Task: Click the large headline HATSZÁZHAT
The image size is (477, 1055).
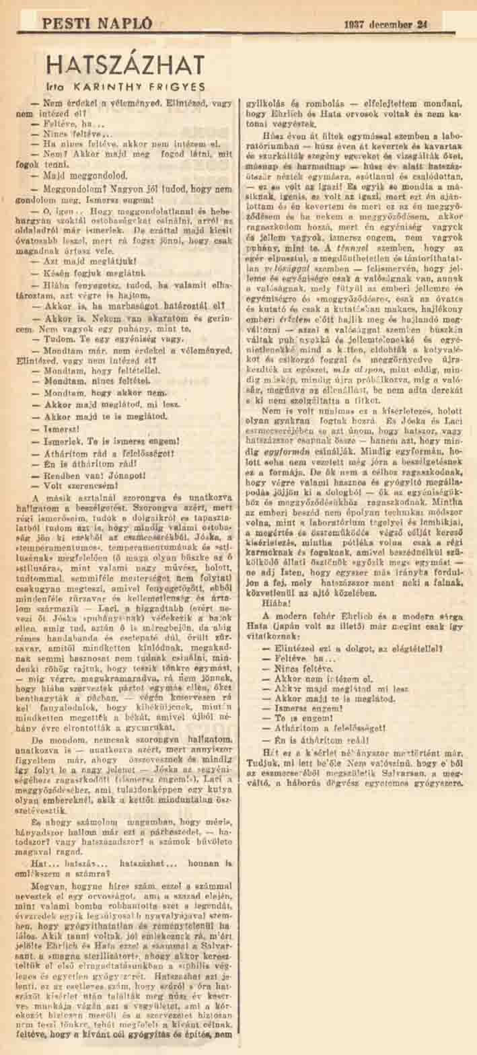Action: coord(125,66)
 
